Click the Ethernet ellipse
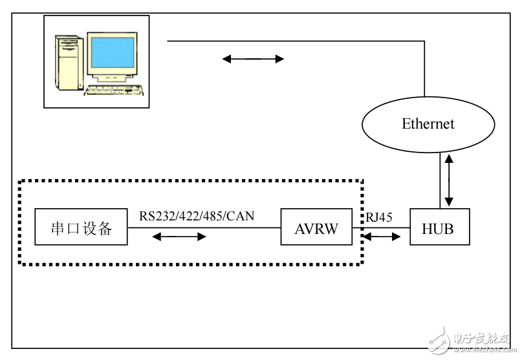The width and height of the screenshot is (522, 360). [428, 123]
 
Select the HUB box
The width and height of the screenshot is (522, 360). [440, 227]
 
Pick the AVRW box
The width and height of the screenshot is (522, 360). [316, 227]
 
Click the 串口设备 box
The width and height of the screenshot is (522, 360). [81, 227]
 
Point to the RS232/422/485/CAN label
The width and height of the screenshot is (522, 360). [197, 216]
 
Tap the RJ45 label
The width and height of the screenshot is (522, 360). [379, 217]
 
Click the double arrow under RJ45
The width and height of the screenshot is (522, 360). [382, 237]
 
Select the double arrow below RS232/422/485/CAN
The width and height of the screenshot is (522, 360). [179, 237]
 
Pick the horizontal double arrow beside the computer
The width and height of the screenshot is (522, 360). [253, 59]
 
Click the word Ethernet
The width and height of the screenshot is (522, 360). [428, 123]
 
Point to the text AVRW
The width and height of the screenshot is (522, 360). [316, 228]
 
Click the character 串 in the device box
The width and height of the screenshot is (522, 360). [58, 228]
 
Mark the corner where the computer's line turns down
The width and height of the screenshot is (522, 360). [425, 41]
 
